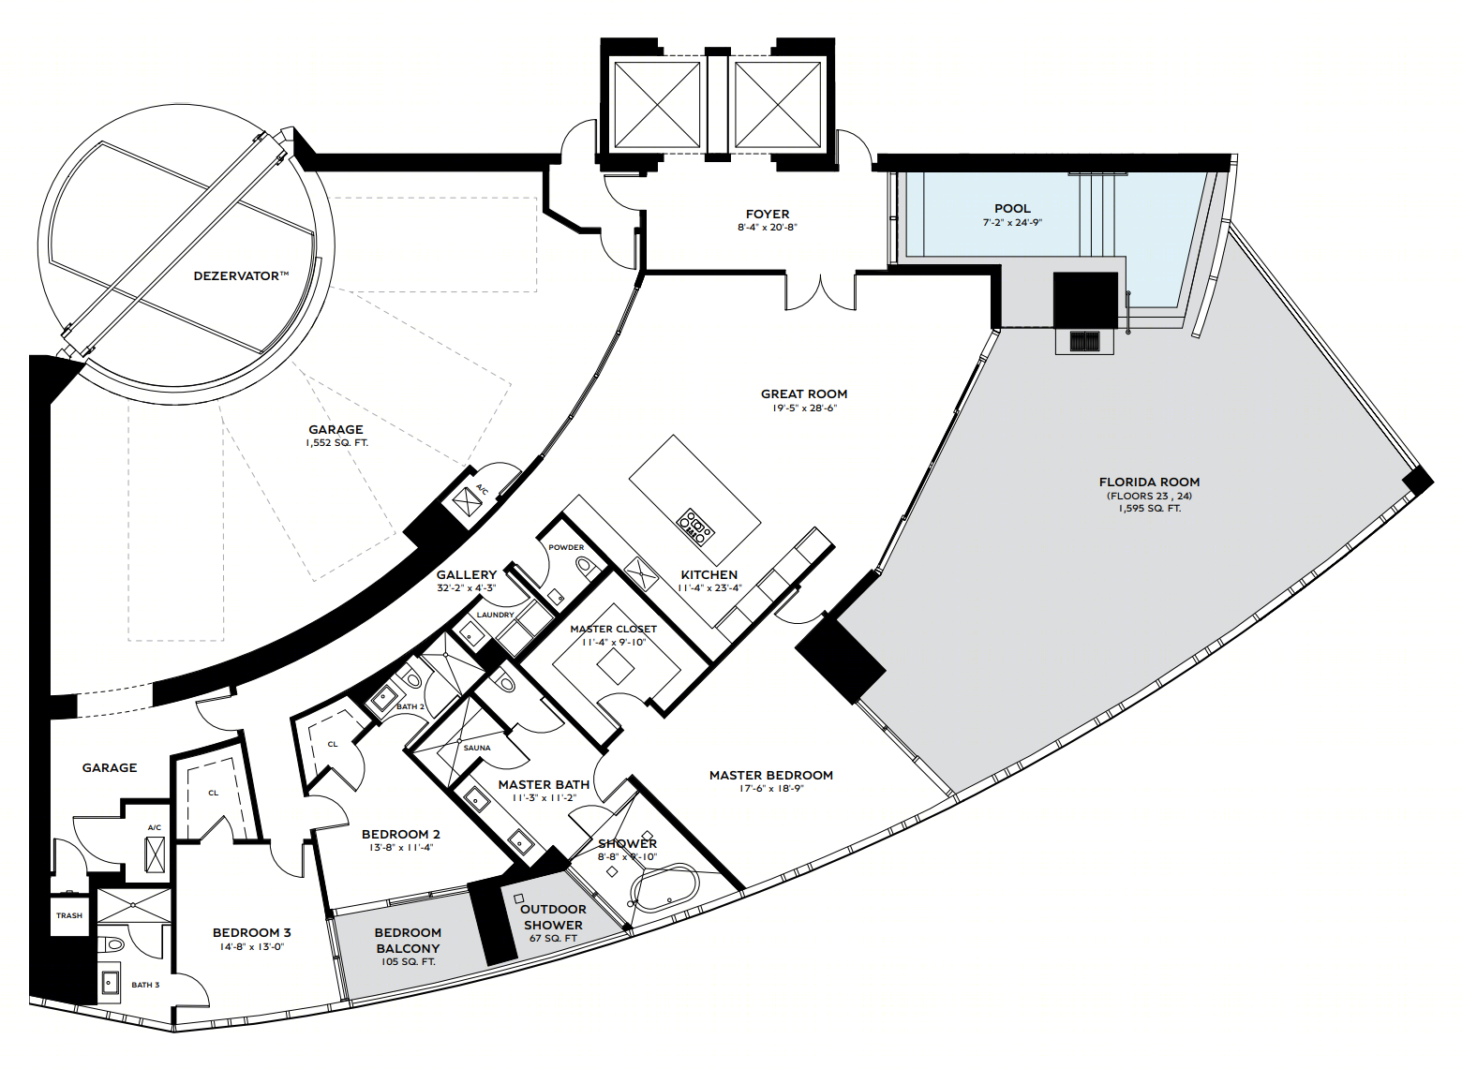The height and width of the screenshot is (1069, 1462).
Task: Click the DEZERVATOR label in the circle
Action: click(241, 276)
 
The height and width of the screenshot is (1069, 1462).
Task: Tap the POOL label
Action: click(1012, 209)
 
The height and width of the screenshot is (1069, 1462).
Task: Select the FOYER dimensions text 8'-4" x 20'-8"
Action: click(768, 228)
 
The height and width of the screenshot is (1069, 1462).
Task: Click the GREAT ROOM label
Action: click(804, 394)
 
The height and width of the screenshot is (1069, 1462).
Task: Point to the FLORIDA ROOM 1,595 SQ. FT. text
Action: click(1150, 508)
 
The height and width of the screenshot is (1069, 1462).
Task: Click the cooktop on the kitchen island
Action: click(695, 526)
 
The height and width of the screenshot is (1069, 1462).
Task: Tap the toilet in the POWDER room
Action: click(589, 568)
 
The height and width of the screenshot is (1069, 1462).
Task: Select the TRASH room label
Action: click(69, 915)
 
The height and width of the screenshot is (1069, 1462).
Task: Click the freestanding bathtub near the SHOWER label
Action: click(664, 887)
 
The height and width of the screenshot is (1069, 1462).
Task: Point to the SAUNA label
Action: click(476, 748)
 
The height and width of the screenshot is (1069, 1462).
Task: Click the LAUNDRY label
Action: click(496, 615)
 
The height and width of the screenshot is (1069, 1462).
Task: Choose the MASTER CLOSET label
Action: click(614, 630)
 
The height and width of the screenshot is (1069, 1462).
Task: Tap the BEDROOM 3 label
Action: click(252, 932)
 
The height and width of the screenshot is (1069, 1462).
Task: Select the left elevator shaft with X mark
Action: click(657, 105)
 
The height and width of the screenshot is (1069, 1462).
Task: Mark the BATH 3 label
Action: click(145, 985)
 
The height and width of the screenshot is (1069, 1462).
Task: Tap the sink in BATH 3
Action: click(110, 982)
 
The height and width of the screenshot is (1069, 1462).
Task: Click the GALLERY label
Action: click(467, 575)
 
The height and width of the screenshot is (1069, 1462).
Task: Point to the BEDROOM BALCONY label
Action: click(408, 941)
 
